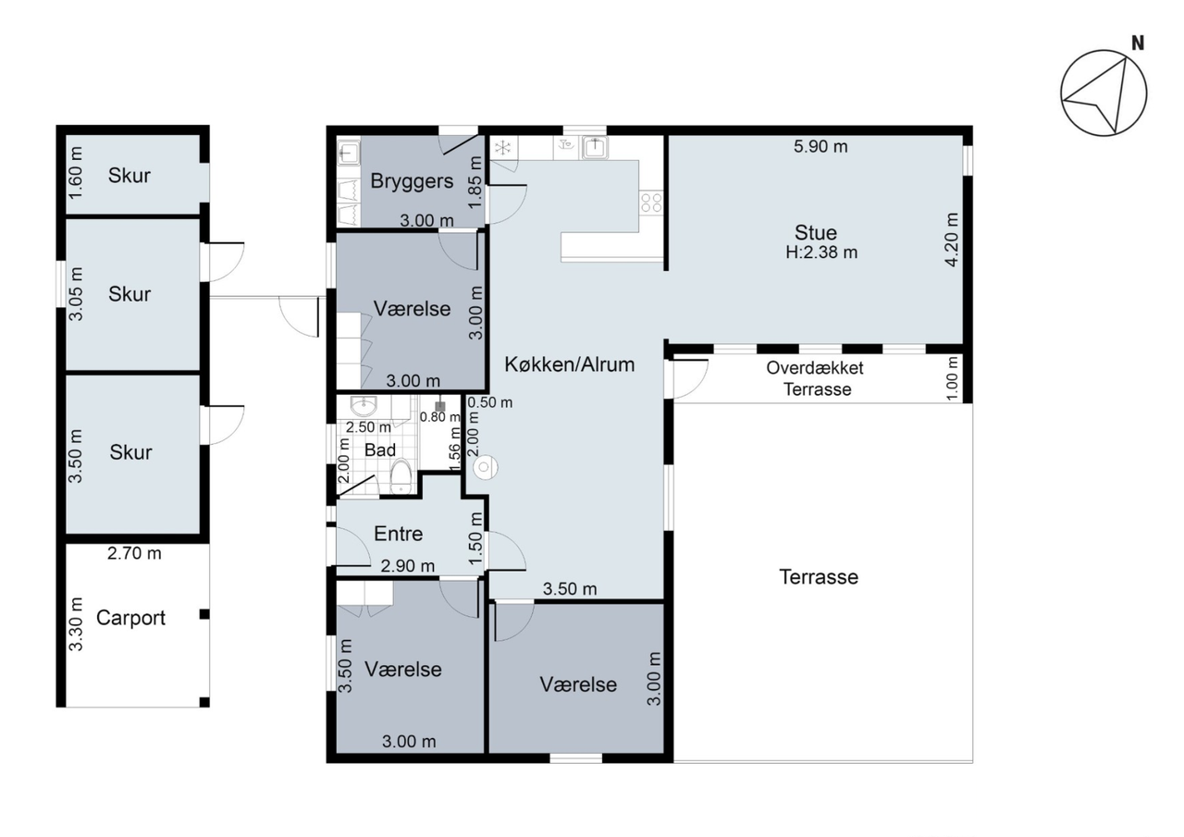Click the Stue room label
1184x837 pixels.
pos(816,232)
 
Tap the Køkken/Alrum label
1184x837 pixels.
pos(569,364)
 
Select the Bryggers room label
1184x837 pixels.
pos(412,181)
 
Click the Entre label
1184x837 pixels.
pos(398,534)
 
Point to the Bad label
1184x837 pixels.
pos(380,449)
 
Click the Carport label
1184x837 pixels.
pos(130,618)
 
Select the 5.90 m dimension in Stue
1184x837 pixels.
pos(820,146)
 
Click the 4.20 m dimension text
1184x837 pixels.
pos(952,240)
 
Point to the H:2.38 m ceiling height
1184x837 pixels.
pos(821,252)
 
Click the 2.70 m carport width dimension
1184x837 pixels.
pos(134,553)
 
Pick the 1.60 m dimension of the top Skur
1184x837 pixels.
pos(76,173)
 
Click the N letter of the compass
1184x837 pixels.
pos(1138,43)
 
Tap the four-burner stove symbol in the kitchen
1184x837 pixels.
pos(651,203)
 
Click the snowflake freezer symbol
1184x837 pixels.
pos(502,147)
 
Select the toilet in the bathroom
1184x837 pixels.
pos(401,475)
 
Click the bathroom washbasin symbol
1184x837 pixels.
pos(364,406)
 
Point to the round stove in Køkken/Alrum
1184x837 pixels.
pos(486,467)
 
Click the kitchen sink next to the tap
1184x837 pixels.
pos(595,147)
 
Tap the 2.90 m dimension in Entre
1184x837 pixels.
pos(408,566)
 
